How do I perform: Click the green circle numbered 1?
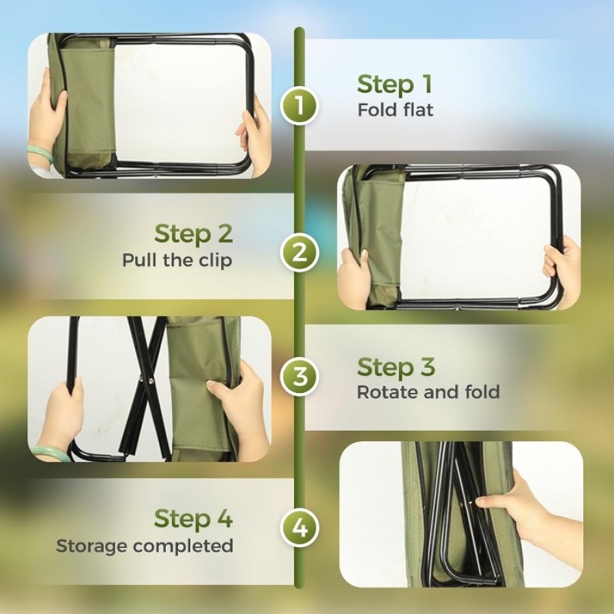[x=299, y=106]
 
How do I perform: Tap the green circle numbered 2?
[x=299, y=252]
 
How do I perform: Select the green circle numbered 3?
[x=299, y=377]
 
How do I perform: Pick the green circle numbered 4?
[x=299, y=528]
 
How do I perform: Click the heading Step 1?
[x=394, y=85]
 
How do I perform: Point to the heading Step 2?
[x=194, y=234]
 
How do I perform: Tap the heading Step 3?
[x=396, y=367]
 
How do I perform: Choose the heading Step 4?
[x=194, y=519]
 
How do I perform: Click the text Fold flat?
[x=396, y=110]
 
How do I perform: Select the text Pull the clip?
[x=177, y=260]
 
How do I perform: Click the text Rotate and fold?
[x=428, y=392]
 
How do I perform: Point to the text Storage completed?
[x=145, y=546]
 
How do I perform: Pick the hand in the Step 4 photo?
[x=521, y=509]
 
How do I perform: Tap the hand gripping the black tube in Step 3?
[x=63, y=415]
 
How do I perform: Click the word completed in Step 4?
[x=184, y=546]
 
